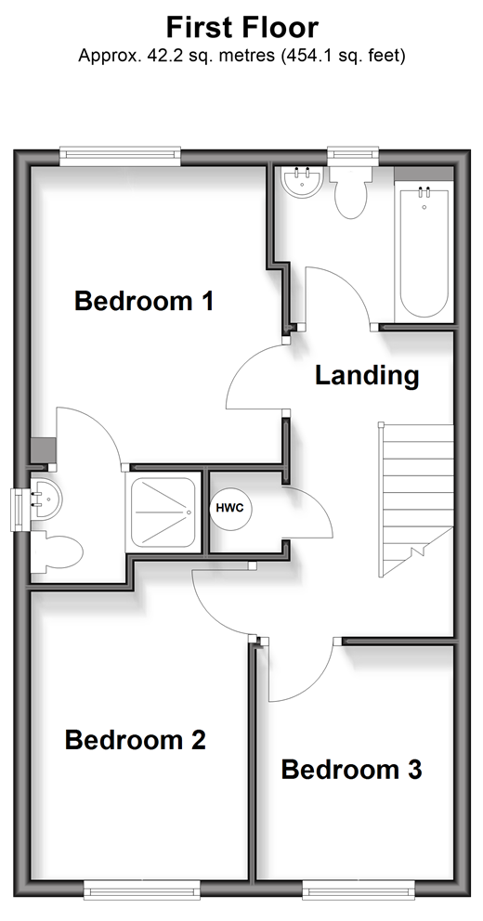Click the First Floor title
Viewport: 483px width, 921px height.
pyautogui.click(x=241, y=28)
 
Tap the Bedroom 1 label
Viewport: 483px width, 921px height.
pyautogui.click(x=144, y=302)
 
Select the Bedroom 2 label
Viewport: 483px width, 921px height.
pyautogui.click(x=135, y=740)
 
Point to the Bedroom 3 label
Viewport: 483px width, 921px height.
pyautogui.click(x=351, y=770)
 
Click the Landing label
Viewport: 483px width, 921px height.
pyautogui.click(x=367, y=375)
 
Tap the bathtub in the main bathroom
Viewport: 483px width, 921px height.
pyautogui.click(x=424, y=252)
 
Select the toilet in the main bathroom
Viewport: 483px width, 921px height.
pyautogui.click(x=350, y=191)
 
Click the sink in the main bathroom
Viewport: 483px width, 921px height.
pyautogui.click(x=302, y=182)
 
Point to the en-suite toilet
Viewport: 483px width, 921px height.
pyautogui.click(x=57, y=551)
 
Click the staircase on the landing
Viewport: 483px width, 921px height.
pyautogui.click(x=416, y=499)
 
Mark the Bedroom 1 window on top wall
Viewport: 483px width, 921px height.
pyautogui.click(x=121, y=154)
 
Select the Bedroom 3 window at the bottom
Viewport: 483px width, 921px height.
pyautogui.click(x=359, y=889)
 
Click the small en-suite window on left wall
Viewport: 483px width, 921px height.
pyautogui.click(x=19, y=510)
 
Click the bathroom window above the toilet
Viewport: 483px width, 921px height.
pyautogui.click(x=353, y=155)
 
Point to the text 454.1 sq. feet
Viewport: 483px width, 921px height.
pyautogui.click(x=343, y=57)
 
